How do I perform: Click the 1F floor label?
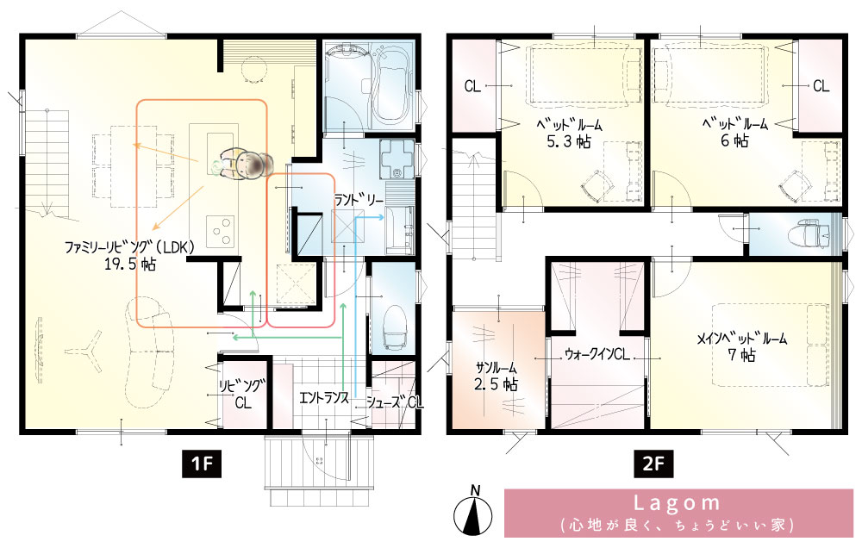point(202,464)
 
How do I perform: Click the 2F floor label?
point(653,464)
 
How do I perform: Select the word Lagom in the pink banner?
point(677,503)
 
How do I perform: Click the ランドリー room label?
point(359,200)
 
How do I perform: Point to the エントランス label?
point(324,397)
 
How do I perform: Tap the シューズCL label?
point(395,402)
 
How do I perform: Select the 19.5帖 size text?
point(130,265)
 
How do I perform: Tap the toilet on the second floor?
point(807,234)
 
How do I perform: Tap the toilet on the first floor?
point(395,328)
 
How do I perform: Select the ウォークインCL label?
point(597,354)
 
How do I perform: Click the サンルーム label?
point(496,367)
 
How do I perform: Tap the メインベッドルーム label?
point(741,338)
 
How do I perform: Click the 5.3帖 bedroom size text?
point(568,142)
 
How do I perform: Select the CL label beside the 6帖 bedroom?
point(821,86)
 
